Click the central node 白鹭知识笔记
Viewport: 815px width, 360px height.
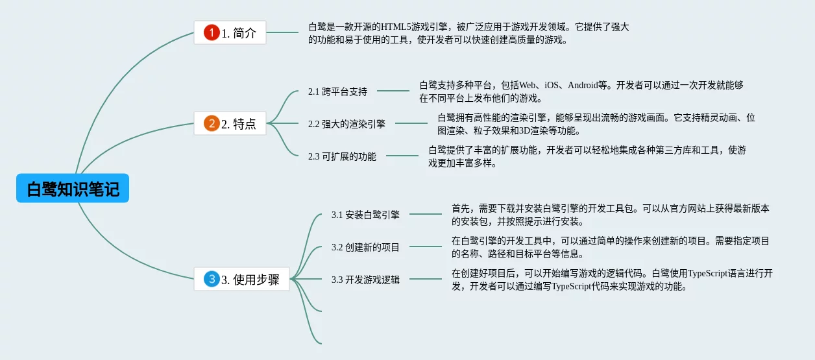click(x=73, y=188)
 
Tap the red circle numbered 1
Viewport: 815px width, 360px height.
click(x=212, y=32)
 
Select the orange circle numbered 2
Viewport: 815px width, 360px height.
click(x=212, y=123)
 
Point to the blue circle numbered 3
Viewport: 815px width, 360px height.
click(x=212, y=279)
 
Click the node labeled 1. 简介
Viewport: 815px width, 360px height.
click(x=230, y=32)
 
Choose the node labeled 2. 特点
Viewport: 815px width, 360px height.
click(x=230, y=123)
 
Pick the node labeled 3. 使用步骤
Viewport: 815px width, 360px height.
click(x=241, y=279)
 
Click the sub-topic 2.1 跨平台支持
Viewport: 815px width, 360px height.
click(x=337, y=91)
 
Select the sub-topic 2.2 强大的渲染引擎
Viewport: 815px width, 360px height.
click(x=347, y=124)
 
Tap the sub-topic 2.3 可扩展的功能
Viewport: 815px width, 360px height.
click(x=342, y=156)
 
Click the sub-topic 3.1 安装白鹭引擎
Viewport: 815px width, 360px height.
click(x=365, y=215)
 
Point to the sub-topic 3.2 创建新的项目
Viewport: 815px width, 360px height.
click(x=365, y=247)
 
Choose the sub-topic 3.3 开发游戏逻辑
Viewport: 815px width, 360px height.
click(x=365, y=280)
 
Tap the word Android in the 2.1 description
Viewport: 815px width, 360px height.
click(x=583, y=85)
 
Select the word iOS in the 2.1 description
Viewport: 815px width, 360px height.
click(x=551, y=85)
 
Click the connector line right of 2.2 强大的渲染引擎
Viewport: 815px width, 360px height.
click(x=411, y=123)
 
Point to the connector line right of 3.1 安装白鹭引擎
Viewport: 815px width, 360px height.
click(x=425, y=214)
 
